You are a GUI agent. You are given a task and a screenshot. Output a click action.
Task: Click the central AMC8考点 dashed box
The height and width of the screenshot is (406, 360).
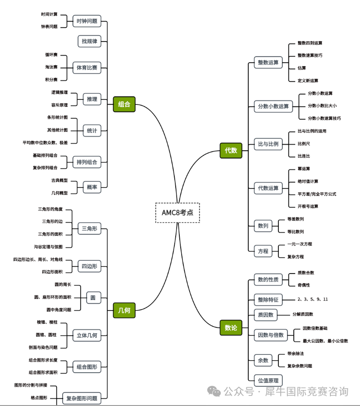click(177, 212)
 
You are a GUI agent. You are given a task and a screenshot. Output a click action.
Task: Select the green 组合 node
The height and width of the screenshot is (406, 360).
click(124, 104)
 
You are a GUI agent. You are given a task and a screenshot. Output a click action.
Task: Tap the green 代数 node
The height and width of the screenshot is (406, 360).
click(231, 150)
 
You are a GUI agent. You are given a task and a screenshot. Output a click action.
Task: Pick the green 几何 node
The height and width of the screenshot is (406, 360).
click(124, 311)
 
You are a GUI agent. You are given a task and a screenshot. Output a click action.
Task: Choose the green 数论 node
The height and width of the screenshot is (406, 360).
click(231, 327)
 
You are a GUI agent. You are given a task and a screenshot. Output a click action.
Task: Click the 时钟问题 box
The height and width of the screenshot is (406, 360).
click(87, 21)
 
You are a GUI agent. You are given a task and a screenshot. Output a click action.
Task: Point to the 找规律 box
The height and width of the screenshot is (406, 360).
click(89, 41)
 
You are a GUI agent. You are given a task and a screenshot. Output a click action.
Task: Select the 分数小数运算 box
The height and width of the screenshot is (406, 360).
click(273, 106)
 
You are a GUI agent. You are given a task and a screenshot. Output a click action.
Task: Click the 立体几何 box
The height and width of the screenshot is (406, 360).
click(87, 336)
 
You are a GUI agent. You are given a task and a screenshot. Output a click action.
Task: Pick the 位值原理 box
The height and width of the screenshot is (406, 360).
click(268, 380)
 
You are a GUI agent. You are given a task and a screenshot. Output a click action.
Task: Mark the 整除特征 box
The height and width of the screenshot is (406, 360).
click(268, 300)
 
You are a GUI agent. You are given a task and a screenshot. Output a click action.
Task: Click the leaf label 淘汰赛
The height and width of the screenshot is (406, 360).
click(51, 67)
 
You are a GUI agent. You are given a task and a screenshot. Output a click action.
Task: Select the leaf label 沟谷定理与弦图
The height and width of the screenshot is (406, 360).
click(52, 247)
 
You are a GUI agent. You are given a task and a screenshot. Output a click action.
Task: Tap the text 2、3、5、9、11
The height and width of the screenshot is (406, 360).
click(313, 299)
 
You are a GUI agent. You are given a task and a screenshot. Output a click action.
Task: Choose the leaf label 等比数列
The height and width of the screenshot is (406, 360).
click(296, 232)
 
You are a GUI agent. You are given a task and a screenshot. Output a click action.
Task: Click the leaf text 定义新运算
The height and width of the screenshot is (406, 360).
click(308, 80)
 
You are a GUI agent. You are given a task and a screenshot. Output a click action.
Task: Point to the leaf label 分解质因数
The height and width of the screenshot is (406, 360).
click(303, 314)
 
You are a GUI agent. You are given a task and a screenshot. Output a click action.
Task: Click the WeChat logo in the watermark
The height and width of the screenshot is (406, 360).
click(214, 391)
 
